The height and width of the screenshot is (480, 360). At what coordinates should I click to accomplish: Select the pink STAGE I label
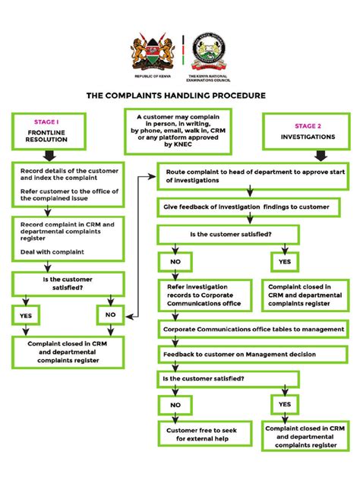click(46, 121)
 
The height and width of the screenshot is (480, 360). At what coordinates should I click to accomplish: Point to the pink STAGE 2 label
click(307, 125)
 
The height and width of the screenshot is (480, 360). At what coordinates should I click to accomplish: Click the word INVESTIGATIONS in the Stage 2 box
click(307, 138)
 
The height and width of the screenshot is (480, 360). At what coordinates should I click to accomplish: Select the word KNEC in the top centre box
click(177, 144)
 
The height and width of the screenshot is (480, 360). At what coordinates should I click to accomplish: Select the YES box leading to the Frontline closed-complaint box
click(26, 314)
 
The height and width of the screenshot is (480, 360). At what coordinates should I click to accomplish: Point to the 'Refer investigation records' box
click(203, 294)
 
